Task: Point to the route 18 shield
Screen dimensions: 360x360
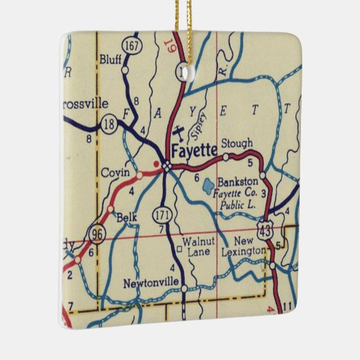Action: (107, 124)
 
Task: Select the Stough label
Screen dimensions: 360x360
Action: (238, 143)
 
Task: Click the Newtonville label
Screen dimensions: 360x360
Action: (151, 282)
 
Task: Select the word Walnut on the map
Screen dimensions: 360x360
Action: (199, 242)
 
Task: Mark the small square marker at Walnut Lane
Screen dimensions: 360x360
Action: (179, 249)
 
